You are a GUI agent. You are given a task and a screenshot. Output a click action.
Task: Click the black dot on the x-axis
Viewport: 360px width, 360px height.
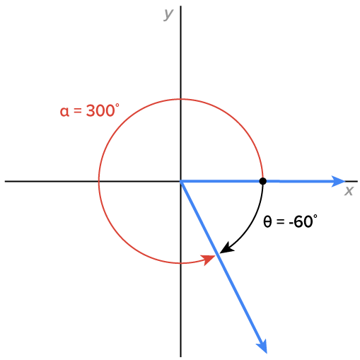[x=262, y=181]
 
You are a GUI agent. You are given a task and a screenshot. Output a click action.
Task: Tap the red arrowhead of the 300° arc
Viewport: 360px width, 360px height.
[x=209, y=260]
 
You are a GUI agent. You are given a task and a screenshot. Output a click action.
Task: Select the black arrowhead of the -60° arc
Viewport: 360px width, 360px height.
[x=226, y=248]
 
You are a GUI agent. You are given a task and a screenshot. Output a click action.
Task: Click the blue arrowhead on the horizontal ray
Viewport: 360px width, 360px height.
[x=338, y=181]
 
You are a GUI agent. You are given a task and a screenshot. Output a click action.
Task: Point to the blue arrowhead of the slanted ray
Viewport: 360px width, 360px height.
[x=262, y=346]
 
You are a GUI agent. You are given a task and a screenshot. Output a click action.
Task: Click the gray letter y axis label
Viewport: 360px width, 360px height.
[x=168, y=14]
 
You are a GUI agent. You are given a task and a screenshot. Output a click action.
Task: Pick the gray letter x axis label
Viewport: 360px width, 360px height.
[x=349, y=190]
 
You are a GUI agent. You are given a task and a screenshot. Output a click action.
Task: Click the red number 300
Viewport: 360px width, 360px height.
[x=100, y=110]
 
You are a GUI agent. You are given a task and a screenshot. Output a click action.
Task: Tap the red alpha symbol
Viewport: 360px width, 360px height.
[x=64, y=112]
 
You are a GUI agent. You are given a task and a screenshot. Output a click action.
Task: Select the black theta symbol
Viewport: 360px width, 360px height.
[x=267, y=221]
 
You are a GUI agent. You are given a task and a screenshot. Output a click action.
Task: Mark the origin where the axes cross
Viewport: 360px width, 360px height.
[x=180, y=181]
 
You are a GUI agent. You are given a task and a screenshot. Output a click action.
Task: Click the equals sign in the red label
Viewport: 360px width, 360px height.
[x=78, y=111]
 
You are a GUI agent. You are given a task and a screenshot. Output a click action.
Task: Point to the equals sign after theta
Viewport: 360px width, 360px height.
[x=280, y=222]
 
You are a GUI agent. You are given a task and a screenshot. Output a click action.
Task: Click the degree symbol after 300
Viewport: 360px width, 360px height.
[x=117, y=105]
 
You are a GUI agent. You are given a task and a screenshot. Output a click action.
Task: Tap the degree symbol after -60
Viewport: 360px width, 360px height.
[x=315, y=216]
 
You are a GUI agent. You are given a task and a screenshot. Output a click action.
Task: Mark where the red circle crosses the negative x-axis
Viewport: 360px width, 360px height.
[x=98, y=181]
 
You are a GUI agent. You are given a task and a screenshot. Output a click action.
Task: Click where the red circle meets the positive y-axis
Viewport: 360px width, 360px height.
[x=180, y=99]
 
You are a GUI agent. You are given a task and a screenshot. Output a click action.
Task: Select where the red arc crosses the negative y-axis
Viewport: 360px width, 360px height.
[x=180, y=263]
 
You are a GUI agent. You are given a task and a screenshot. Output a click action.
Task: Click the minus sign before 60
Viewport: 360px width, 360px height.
[x=291, y=223]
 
